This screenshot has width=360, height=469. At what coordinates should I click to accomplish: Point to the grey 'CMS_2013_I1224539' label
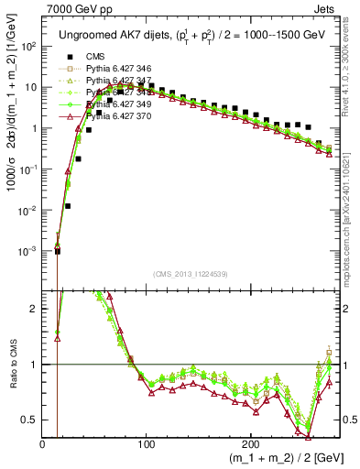[x=191, y=274]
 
